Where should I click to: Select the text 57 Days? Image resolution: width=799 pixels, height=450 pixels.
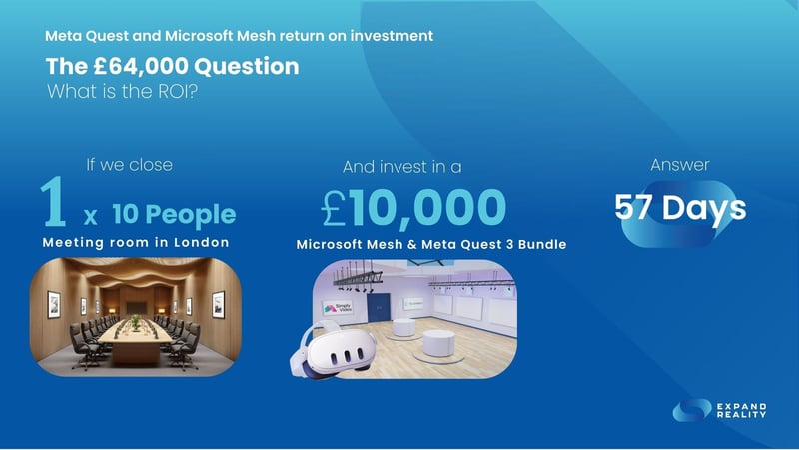679,208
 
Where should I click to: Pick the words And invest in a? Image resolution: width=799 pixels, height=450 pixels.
402,167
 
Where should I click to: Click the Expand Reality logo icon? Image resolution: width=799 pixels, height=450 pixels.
691,410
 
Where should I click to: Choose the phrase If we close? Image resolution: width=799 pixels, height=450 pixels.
130,165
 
